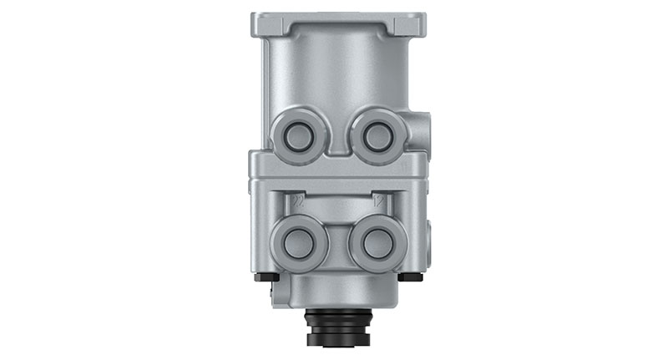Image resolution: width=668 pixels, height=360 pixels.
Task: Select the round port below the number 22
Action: (297, 242)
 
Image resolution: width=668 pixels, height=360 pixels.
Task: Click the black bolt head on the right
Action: (409, 276)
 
